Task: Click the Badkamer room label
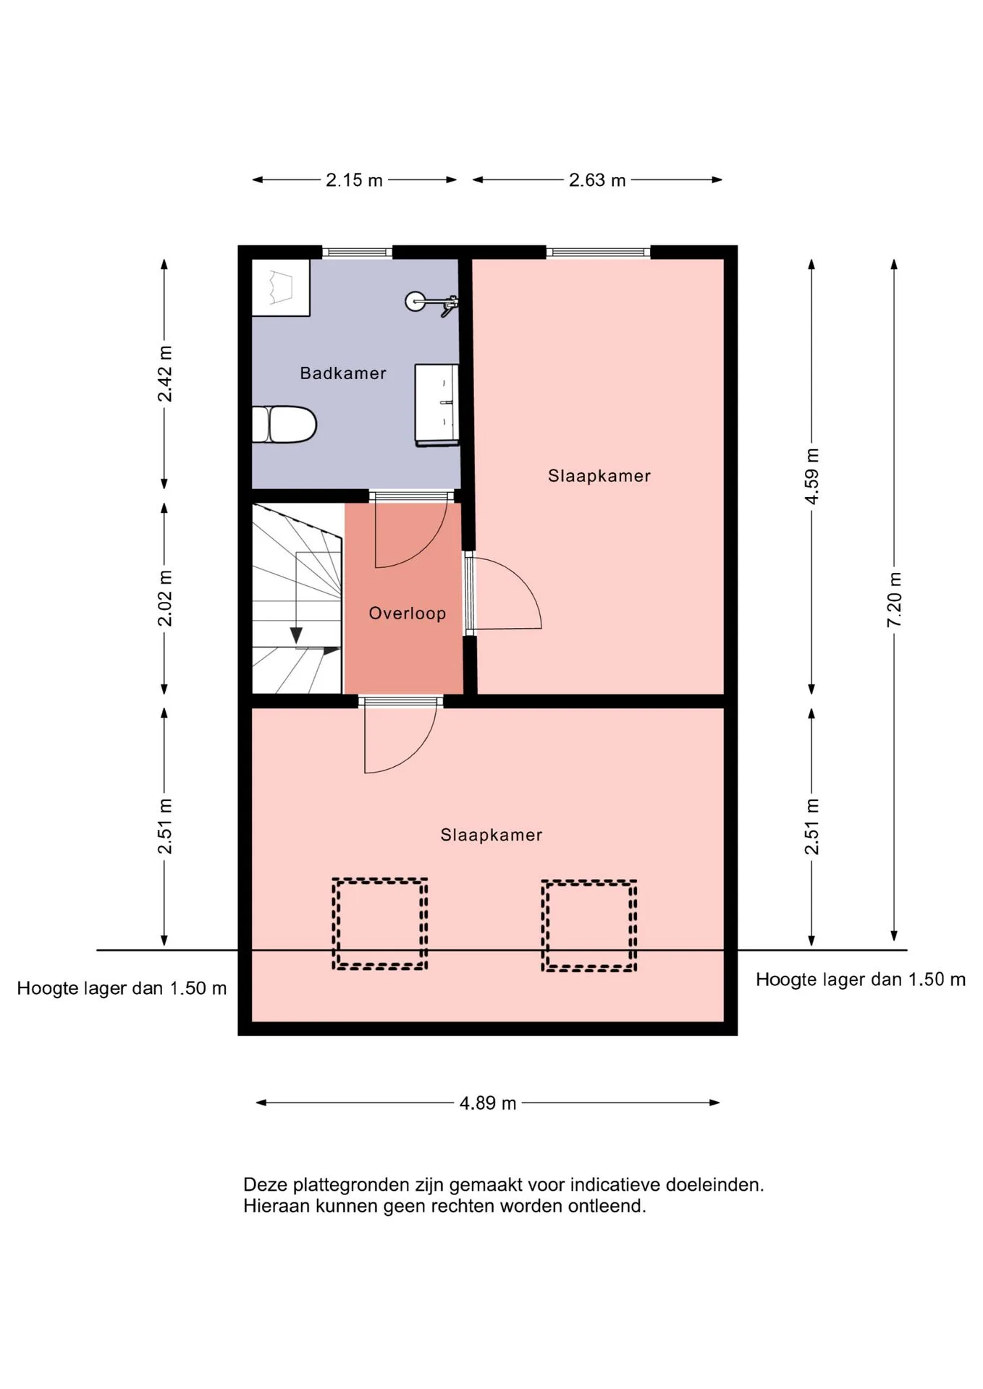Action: [x=343, y=373]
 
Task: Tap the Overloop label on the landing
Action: [x=408, y=614]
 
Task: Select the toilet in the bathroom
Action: [x=284, y=425]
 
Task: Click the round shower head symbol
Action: [x=415, y=301]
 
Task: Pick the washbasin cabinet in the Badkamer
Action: [x=436, y=405]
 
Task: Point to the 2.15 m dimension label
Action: [x=354, y=180]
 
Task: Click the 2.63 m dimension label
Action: [x=597, y=180]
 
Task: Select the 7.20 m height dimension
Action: [x=895, y=600]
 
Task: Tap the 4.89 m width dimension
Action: [x=488, y=1103]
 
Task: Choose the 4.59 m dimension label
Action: [x=812, y=477]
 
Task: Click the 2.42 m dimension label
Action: [x=165, y=373]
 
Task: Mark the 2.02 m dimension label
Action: [x=165, y=598]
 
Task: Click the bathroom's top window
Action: [x=357, y=252]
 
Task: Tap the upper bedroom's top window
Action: [x=599, y=252]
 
